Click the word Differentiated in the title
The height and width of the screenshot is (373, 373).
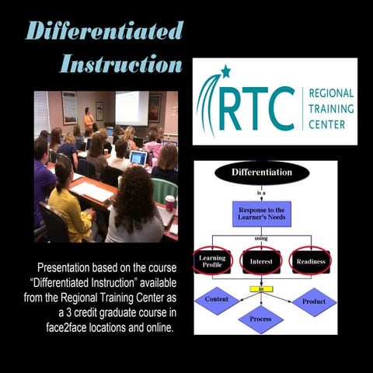tap(104, 30)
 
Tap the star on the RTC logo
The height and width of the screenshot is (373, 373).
tap(226, 71)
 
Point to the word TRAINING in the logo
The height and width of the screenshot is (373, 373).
tap(332, 108)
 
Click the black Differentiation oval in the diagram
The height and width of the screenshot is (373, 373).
tap(261, 172)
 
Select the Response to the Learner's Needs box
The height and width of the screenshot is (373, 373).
tap(261, 214)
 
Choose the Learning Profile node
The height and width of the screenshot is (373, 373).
tap(213, 261)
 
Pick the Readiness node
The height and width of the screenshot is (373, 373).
tap(310, 261)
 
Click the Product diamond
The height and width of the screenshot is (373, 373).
tap(314, 302)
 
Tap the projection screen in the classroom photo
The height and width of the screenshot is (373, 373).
tap(131, 107)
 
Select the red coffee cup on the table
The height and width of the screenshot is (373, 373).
tap(170, 203)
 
